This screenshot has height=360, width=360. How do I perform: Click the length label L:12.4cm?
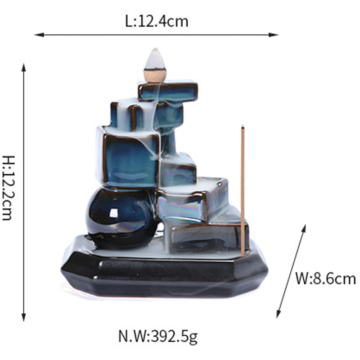157,22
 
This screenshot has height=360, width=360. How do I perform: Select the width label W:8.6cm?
325,279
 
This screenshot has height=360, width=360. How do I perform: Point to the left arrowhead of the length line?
39,35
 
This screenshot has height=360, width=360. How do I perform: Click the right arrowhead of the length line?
274,35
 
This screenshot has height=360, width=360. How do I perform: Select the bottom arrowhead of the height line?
23,317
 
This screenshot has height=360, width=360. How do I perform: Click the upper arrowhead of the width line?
304,229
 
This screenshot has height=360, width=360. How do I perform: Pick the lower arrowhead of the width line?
278,313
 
